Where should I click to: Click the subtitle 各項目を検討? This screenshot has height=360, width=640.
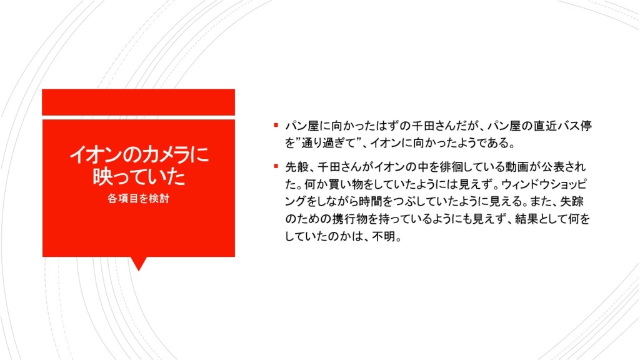tap(138, 198)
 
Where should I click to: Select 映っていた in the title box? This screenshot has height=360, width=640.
tap(139, 177)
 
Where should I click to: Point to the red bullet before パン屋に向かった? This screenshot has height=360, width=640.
tap(276, 125)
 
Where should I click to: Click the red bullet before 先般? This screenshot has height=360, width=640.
tap(276, 166)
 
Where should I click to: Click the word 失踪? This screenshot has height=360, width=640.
tap(572, 202)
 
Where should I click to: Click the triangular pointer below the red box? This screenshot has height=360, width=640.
tap(139, 263)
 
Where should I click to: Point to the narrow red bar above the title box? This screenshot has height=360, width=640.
tap(138, 102)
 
